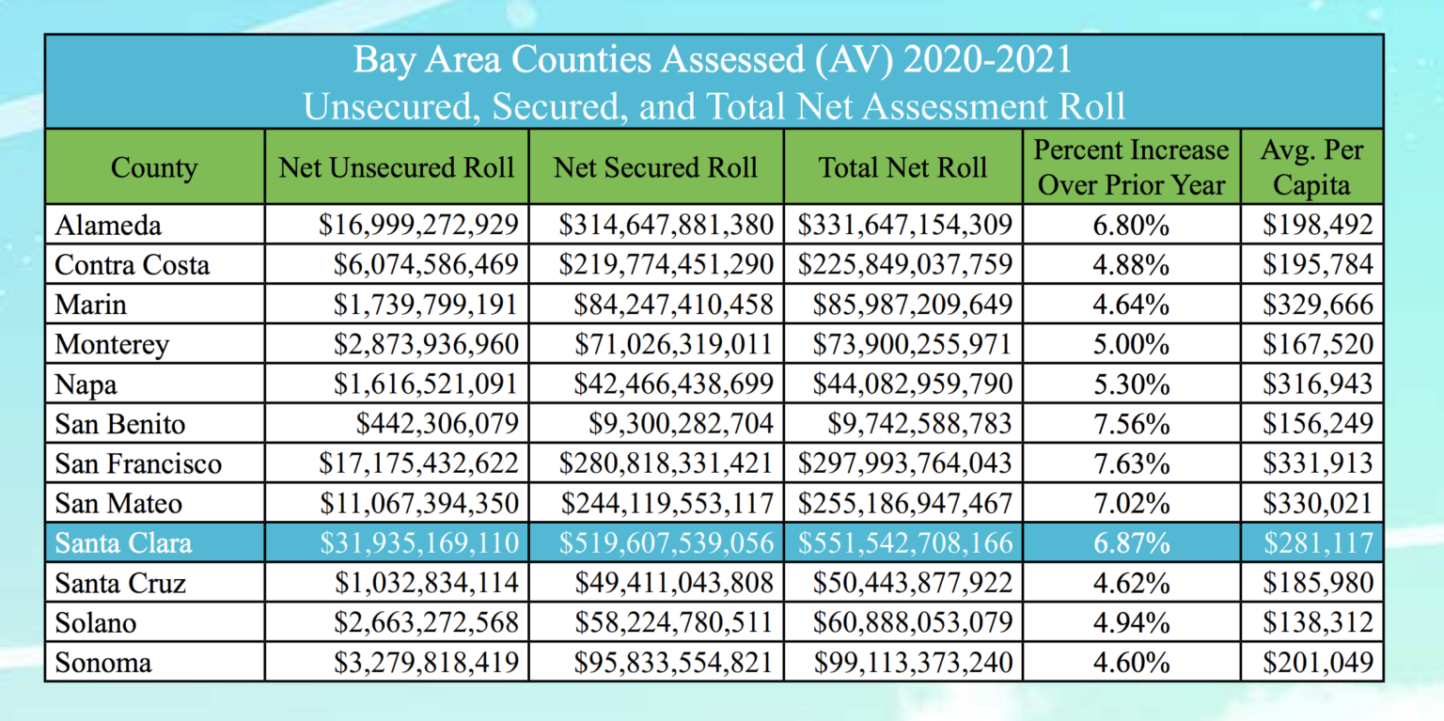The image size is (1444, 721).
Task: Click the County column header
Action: tap(154, 168)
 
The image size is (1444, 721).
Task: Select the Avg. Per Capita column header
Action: tap(1311, 167)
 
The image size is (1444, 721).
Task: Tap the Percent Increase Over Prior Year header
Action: tap(1131, 167)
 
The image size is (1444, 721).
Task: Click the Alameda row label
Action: tap(108, 226)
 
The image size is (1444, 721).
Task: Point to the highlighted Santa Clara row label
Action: tap(123, 543)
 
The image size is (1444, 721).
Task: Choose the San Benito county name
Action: tap(120, 424)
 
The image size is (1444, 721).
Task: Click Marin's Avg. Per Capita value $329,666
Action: tap(1317, 305)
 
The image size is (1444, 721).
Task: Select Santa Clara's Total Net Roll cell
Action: tap(905, 543)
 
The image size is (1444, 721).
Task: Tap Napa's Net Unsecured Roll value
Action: tap(426, 384)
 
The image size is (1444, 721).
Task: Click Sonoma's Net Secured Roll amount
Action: tap(674, 663)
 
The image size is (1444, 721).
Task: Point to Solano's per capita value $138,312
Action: tap(1317, 623)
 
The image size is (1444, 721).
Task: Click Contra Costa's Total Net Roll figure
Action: tap(905, 265)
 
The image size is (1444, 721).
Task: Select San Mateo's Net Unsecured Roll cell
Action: tap(418, 504)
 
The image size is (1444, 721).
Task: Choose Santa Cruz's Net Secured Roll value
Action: tap(674, 584)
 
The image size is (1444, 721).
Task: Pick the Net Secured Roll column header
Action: tap(655, 168)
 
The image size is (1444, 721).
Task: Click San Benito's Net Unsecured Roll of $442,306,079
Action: tap(437, 424)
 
